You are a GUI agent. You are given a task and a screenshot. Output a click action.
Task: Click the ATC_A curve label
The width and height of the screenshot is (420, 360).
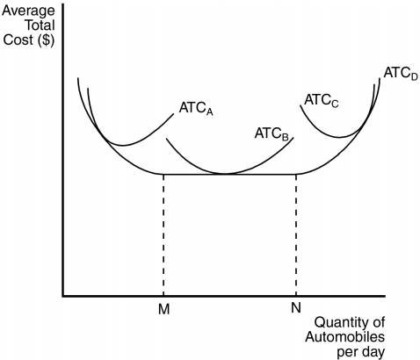pos(196,109)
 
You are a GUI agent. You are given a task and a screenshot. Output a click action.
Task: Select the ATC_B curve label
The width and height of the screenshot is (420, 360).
pos(272,134)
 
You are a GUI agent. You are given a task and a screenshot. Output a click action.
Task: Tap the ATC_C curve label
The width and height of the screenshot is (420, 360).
pos(322,100)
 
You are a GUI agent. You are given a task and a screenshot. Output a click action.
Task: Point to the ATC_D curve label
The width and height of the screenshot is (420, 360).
pos(401,74)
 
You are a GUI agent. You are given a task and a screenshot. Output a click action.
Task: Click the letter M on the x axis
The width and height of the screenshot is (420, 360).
pos(163,309)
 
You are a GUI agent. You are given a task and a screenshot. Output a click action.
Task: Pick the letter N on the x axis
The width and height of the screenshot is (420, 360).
pos(296,307)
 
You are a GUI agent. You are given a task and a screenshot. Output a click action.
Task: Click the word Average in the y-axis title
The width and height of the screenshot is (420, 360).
pos(28,11)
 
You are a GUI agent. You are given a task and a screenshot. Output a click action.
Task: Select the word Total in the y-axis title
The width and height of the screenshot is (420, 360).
pos(40,25)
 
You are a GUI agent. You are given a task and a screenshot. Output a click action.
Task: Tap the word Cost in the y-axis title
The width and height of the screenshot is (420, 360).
pos(18,40)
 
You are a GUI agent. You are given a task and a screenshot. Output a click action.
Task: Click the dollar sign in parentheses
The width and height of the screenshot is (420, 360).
pos(46,40)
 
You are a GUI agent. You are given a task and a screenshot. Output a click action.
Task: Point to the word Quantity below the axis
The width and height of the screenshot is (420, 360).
pos(340,323)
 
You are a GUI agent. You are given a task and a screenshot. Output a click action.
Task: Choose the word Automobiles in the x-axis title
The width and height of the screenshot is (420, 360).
pos(345,337)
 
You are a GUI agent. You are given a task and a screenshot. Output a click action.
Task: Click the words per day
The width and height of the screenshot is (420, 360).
pos(361,352)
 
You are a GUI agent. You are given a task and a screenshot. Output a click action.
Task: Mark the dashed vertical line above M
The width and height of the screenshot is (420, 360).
pos(163,235)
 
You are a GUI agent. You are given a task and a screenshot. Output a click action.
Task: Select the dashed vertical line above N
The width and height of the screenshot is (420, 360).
pos(296,235)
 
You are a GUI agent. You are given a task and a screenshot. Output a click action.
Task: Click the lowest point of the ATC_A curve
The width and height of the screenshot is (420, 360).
pos(123,145)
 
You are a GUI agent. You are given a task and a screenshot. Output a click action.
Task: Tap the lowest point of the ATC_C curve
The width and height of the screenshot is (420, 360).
pos(340,137)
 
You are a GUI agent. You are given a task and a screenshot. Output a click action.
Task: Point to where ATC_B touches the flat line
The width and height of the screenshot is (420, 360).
pos(226,174)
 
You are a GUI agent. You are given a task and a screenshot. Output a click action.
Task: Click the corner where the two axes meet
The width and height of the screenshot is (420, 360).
pos(63,296)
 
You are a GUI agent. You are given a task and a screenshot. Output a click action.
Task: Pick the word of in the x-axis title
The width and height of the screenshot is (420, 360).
pos(377,322)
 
